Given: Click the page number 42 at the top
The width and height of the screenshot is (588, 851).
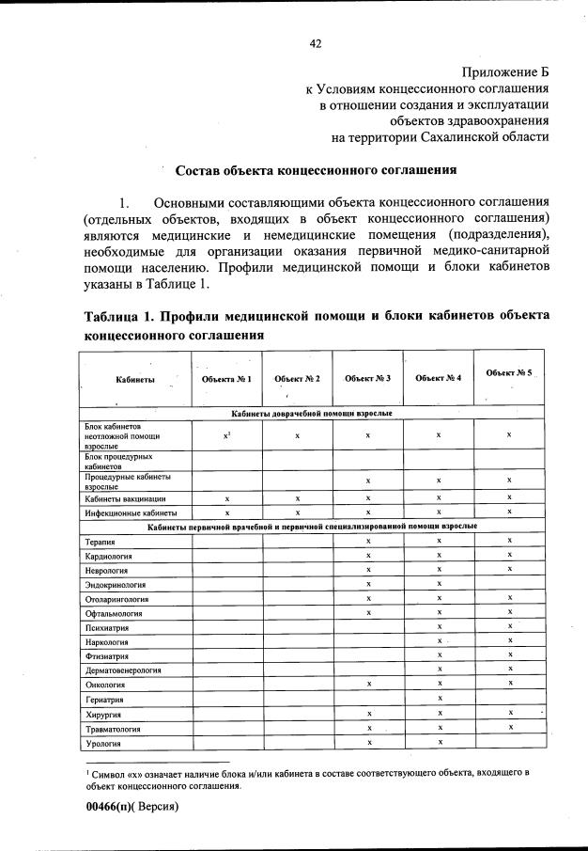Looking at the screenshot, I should coord(316,43).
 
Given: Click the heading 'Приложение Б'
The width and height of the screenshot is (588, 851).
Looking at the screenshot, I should coord(504,71).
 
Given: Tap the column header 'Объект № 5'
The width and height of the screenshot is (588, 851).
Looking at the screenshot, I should coord(508,372).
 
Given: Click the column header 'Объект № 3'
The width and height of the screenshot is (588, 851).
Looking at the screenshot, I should coord(367,378).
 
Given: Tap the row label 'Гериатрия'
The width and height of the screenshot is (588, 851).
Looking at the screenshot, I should coord(106,699).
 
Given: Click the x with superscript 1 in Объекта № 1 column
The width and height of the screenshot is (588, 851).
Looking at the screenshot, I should coord(227,435).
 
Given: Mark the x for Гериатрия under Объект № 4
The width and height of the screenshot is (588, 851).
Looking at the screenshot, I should coord(439,698).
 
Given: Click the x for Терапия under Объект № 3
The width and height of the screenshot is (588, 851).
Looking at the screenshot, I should coord(368,542).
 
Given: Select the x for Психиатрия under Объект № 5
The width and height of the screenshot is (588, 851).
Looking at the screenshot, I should coord(508,626).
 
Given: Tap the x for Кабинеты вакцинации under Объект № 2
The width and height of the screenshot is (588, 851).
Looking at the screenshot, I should coord(297,497).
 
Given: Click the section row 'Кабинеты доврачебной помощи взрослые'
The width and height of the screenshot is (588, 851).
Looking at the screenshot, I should coord(312,413).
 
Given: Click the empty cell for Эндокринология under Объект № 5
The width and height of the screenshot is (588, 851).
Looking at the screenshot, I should coord(508,584).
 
